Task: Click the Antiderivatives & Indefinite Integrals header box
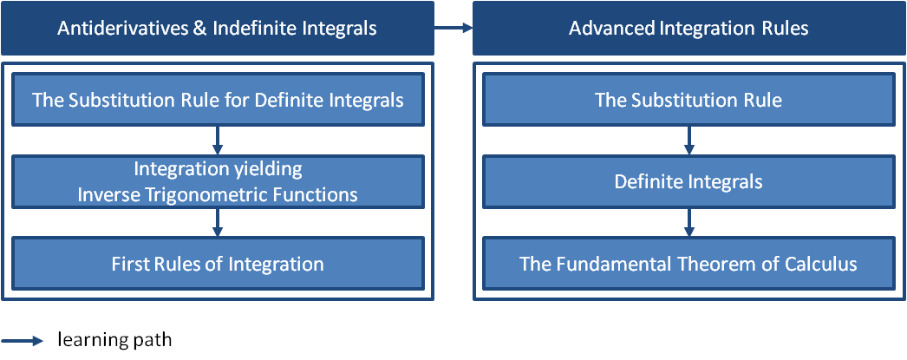point(217,29)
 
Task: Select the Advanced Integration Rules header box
point(688,29)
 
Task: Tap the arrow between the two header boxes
point(453,29)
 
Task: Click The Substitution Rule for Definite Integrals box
point(218,100)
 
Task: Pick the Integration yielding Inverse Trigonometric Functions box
point(218,182)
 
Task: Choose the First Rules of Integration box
point(218,264)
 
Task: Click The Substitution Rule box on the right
point(688,100)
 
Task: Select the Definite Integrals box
point(688,182)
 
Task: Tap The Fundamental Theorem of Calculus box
point(688,264)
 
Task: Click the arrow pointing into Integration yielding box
point(218,141)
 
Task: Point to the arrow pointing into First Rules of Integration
point(218,223)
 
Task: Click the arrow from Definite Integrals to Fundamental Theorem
point(688,223)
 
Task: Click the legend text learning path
point(114,340)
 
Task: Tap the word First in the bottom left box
point(130,264)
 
